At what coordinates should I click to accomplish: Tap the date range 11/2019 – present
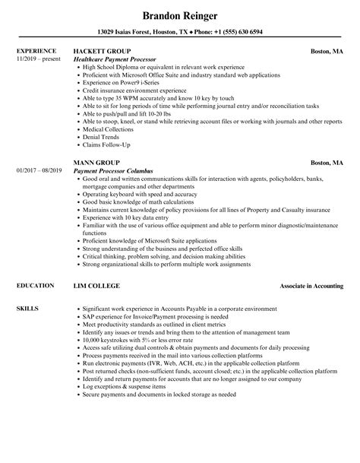click(38, 59)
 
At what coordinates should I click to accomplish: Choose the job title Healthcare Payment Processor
click(115, 59)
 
